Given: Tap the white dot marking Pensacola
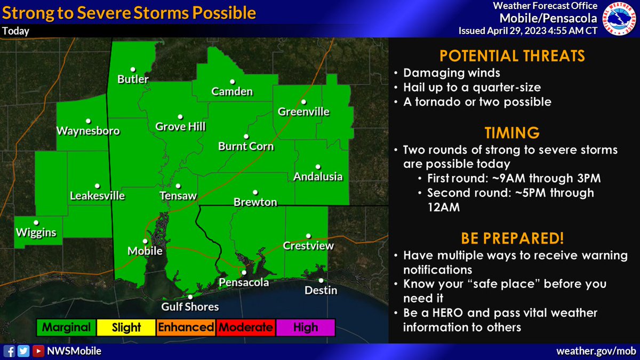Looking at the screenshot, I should (x=244, y=273).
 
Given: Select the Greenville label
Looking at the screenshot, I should (x=303, y=112).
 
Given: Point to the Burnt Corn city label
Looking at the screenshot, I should (x=246, y=146).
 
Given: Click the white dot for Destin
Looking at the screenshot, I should (x=321, y=281).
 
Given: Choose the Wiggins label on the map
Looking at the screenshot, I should (x=36, y=233).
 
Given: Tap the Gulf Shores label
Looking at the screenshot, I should (x=190, y=307).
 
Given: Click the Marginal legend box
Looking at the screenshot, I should (x=67, y=327).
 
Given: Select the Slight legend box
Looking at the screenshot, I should (x=126, y=327).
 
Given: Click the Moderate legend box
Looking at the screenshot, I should (x=245, y=327).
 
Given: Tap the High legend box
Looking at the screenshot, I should (x=305, y=327).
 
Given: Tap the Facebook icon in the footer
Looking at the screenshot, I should (x=9, y=351).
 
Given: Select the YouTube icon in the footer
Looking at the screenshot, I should (x=38, y=351).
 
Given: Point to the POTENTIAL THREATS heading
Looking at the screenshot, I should (x=511, y=56).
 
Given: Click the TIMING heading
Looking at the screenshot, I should (x=511, y=132).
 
